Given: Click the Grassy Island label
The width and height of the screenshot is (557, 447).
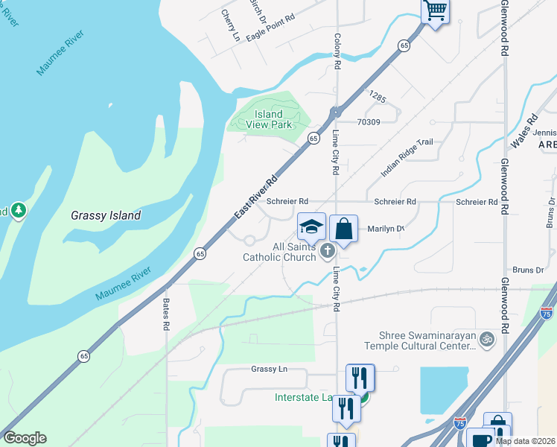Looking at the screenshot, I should tap(106, 215).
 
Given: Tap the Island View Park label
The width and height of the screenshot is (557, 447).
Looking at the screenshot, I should tap(269, 119).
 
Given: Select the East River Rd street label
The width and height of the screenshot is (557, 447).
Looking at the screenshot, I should tap(256, 197).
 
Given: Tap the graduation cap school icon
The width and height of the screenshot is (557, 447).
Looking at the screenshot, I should tap(312, 226).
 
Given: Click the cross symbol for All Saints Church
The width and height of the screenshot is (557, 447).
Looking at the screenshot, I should tap(327, 253).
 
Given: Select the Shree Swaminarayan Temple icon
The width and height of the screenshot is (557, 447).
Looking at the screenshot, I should tap(487, 339).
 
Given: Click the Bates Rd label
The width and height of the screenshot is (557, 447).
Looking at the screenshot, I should tap(166, 315).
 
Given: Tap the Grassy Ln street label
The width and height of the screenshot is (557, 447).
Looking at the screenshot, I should tap(269, 370).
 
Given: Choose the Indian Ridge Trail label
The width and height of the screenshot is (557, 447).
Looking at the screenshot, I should tap(407, 158).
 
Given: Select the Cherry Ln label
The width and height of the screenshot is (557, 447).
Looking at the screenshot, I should tap(232, 25).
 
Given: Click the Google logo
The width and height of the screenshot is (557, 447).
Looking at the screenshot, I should tap(25, 438).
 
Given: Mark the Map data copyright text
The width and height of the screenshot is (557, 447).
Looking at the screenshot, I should tap(526, 441).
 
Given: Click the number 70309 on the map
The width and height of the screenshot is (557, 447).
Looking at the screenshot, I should tap(369, 122).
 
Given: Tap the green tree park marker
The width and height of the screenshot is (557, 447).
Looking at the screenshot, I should tap(18, 212).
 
